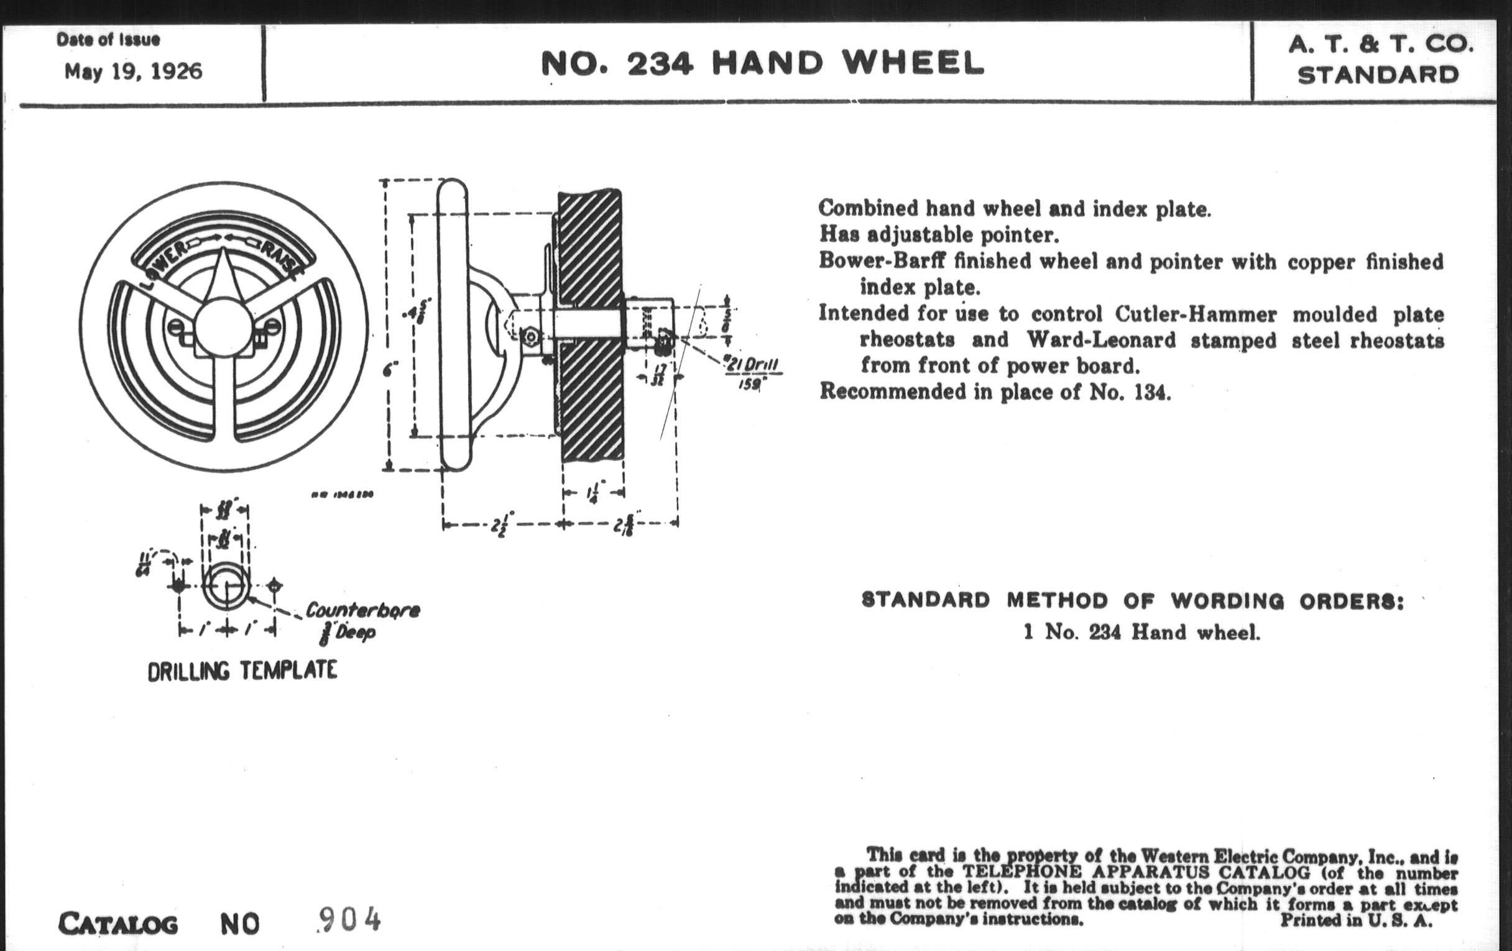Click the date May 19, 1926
(133, 71)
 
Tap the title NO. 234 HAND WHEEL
(762, 63)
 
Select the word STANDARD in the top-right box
(1378, 76)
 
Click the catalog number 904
(349, 921)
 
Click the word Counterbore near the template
(362, 610)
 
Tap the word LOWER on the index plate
(162, 264)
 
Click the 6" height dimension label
(390, 370)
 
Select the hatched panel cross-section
(590, 326)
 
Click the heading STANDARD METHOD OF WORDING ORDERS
(1133, 600)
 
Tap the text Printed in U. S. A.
(1357, 921)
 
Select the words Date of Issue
(108, 40)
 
